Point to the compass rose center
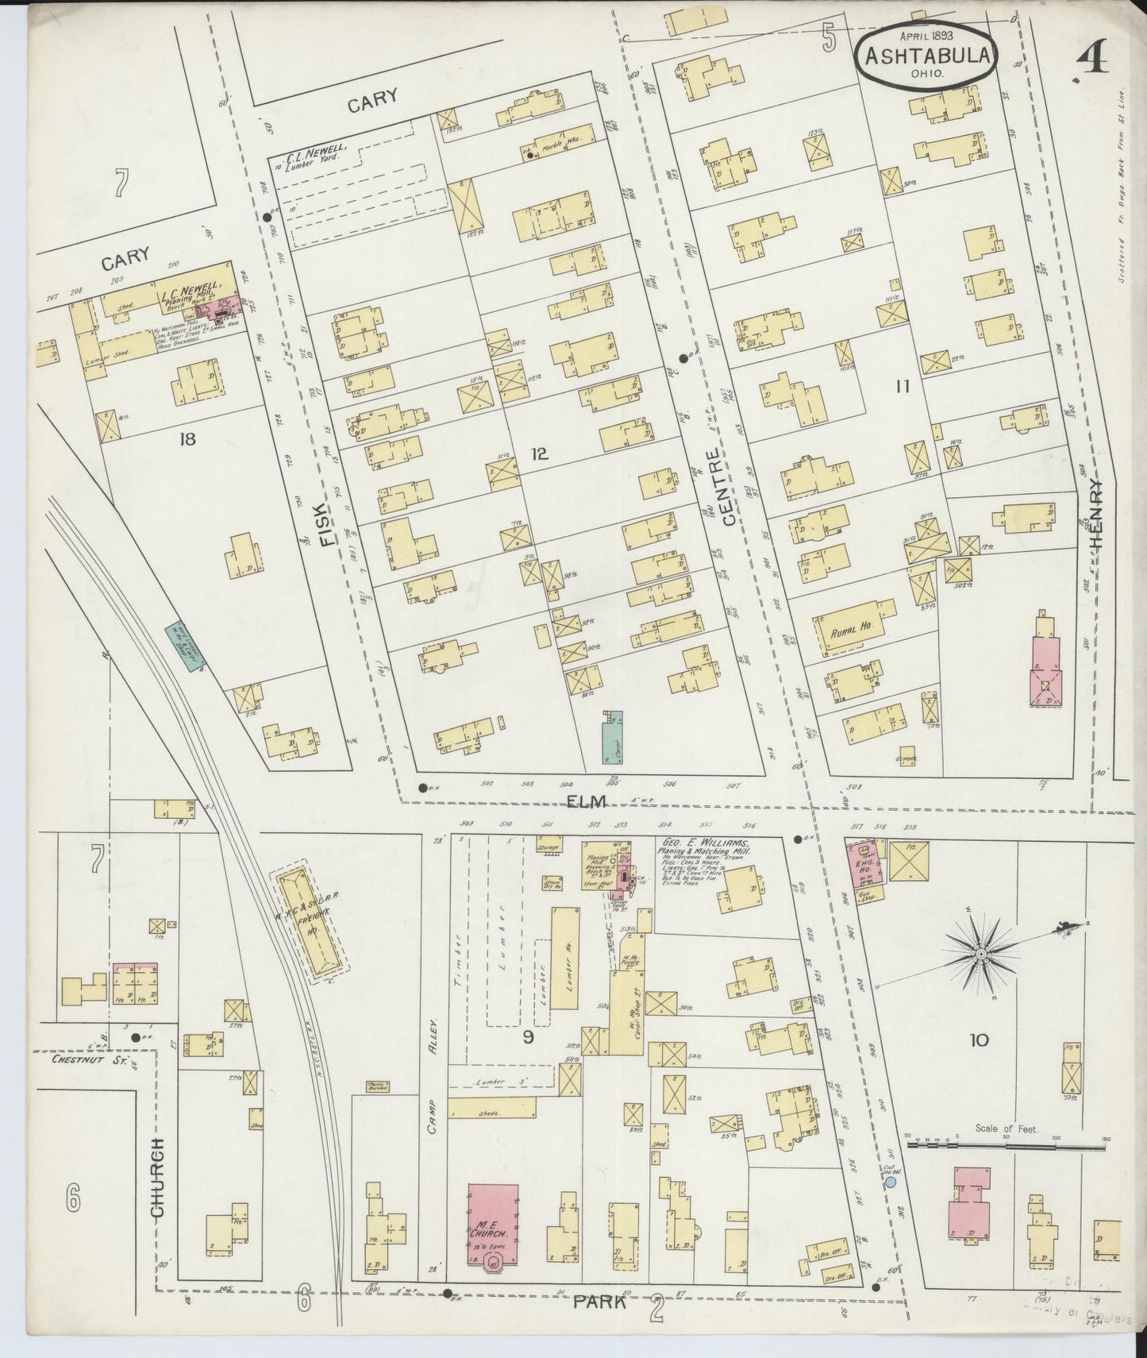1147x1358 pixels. tap(983, 951)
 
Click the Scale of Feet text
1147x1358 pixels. tap(1007, 1128)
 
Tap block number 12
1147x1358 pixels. tap(539, 454)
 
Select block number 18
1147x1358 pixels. tap(187, 438)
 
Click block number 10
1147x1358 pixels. tap(979, 1040)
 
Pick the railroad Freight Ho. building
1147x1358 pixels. tap(313, 925)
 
